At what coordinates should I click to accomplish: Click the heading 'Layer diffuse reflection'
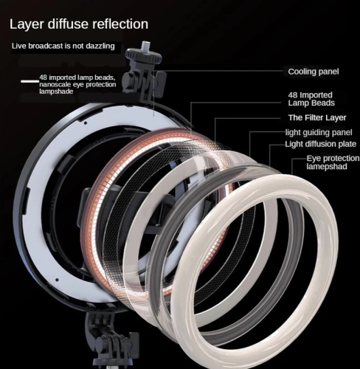[79, 24]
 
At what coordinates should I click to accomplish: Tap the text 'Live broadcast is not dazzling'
[63, 46]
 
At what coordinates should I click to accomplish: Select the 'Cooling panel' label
[314, 72]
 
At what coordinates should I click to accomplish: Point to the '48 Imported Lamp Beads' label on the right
[311, 99]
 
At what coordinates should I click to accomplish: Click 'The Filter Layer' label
[317, 117]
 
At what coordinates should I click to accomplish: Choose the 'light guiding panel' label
[319, 133]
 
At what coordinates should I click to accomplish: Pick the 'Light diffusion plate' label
[321, 144]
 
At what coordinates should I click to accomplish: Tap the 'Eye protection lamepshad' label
[333, 162]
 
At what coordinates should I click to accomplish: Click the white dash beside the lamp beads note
[30, 81]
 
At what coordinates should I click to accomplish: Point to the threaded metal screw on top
[144, 46]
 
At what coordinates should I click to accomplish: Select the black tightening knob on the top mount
[128, 79]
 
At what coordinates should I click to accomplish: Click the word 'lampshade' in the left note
[56, 92]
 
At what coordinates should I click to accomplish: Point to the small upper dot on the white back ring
[85, 123]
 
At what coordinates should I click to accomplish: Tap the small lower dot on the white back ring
[57, 280]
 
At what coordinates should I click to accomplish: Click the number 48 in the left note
[43, 77]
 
